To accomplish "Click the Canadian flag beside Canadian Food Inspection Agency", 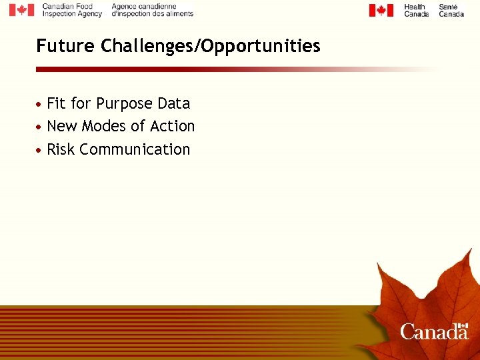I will [x=21, y=10].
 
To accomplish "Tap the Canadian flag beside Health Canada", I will [x=381, y=10].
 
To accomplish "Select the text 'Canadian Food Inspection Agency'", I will [x=72, y=10].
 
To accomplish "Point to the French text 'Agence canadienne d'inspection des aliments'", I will [x=152, y=10].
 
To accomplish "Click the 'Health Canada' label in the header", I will [x=416, y=10].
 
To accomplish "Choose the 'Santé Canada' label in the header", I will [x=451, y=10].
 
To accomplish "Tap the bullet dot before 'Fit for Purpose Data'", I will [x=41, y=105].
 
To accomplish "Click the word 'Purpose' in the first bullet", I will [x=124, y=104].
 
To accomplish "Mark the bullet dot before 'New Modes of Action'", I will [x=41, y=127].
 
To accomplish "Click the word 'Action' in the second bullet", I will [x=172, y=126].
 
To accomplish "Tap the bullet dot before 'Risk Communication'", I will [x=41, y=150].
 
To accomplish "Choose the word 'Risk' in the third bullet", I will [x=61, y=149].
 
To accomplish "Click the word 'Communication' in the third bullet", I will [x=135, y=149].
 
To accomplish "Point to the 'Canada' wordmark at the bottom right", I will [x=434, y=331].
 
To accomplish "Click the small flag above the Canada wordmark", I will [x=464, y=325].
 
